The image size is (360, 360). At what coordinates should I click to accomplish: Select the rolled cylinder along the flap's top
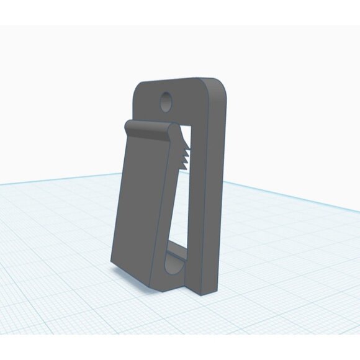[x=149, y=130]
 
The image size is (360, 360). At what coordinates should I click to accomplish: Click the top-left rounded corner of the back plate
[x=139, y=90]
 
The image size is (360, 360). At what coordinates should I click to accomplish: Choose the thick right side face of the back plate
[x=215, y=186]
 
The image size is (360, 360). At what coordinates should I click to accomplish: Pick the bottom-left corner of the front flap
[x=112, y=261]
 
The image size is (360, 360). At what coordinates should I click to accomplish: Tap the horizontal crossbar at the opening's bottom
[x=176, y=251]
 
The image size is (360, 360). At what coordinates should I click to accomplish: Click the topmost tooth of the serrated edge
[x=181, y=142]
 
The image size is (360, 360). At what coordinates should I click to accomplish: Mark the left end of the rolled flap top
[x=128, y=127]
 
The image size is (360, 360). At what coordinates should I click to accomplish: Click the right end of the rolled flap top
[x=173, y=131]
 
